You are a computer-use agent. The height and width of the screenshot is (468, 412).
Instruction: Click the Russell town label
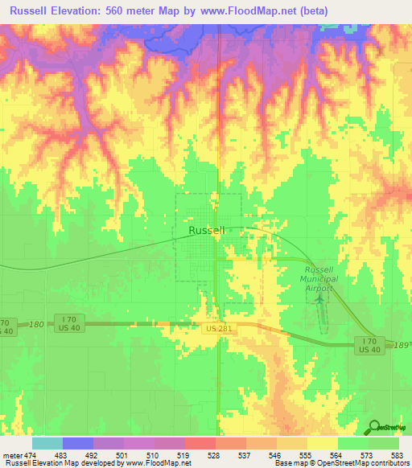click(206, 230)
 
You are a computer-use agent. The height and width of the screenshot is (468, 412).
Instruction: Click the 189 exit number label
click(402, 344)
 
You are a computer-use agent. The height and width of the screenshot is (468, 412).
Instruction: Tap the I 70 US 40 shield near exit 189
click(369, 345)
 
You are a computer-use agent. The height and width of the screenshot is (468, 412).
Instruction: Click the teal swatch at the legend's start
click(47, 443)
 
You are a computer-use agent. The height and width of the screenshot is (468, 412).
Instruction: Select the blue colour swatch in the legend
click(77, 443)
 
